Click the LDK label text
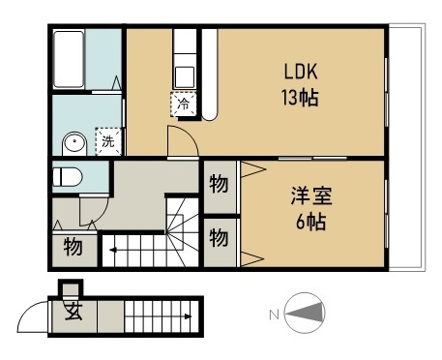(x=301, y=72)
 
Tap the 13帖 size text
(x=300, y=97)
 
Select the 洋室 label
(x=311, y=195)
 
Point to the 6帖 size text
(x=310, y=222)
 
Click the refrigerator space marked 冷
(x=184, y=104)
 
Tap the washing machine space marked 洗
(x=108, y=141)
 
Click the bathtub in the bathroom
(x=69, y=59)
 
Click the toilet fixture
(x=67, y=177)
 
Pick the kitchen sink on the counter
(x=184, y=76)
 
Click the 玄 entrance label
(x=74, y=311)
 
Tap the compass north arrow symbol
(x=306, y=313)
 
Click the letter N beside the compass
(x=274, y=315)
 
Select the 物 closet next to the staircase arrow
(x=73, y=247)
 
